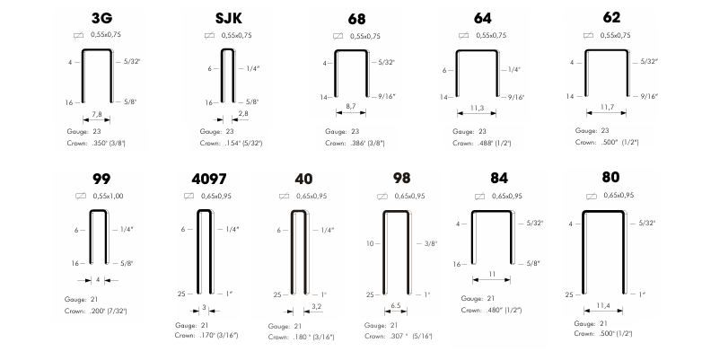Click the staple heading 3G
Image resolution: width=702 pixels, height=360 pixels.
pyautogui.click(x=101, y=18)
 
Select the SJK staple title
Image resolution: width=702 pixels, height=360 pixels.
pyautogui.click(x=228, y=18)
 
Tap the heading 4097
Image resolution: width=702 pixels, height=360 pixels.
pyautogui.click(x=208, y=180)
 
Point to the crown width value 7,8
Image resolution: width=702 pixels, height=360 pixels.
pyautogui.click(x=97, y=114)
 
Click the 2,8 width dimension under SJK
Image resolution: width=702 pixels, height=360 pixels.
pyautogui.click(x=243, y=113)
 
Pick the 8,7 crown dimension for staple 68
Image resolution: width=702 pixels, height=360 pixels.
pyautogui.click(x=351, y=106)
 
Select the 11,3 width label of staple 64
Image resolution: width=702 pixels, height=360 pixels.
pyautogui.click(x=478, y=108)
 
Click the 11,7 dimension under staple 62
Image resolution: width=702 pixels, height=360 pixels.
pyautogui.click(x=607, y=107)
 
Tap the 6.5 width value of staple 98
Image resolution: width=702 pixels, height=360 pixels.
pyautogui.click(x=396, y=306)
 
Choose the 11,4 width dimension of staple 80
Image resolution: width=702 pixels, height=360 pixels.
pyautogui.click(x=603, y=306)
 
